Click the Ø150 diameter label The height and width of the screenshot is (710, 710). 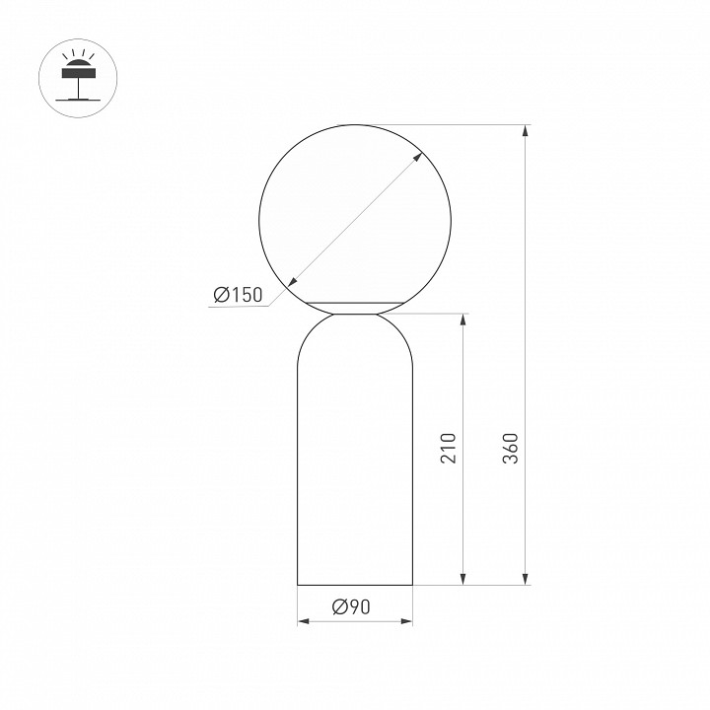238,295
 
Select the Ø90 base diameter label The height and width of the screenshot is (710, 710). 351,606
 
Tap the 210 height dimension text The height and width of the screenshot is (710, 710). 449,449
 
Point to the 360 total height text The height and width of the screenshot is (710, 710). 511,449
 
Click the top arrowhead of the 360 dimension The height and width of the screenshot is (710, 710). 525,130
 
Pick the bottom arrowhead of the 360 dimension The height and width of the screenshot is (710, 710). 525,579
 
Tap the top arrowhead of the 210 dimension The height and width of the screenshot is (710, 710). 462,319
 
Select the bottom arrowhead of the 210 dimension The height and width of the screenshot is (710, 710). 462,579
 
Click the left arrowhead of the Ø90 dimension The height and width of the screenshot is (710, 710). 304,621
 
